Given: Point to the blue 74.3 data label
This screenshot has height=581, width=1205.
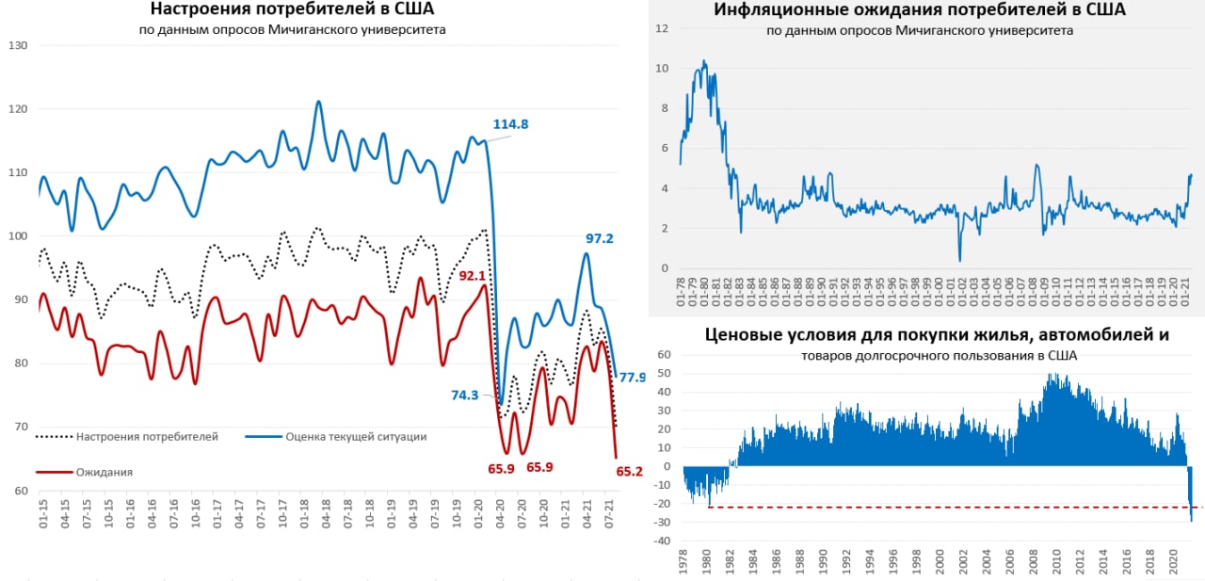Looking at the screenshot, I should pyautogui.click(x=465, y=395).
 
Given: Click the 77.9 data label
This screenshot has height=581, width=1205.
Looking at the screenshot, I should pyautogui.click(x=632, y=377).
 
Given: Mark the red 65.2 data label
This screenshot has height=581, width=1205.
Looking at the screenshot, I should pyautogui.click(x=629, y=471).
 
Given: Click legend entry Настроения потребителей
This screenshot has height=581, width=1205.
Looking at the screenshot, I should pyautogui.click(x=147, y=436).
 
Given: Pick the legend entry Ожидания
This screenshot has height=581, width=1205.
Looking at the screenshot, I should pyautogui.click(x=104, y=472).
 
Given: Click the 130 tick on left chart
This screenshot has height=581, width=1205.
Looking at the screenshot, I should pyautogui.click(x=18, y=46).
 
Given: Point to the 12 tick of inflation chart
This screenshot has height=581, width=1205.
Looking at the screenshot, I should pyautogui.click(x=662, y=28).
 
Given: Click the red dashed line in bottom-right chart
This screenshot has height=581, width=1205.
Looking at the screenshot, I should pyautogui.click(x=941, y=508).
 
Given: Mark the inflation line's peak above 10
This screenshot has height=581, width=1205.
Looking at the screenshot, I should pyautogui.click(x=703, y=62).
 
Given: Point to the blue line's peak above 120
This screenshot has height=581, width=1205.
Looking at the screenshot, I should pyautogui.click(x=318, y=102).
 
